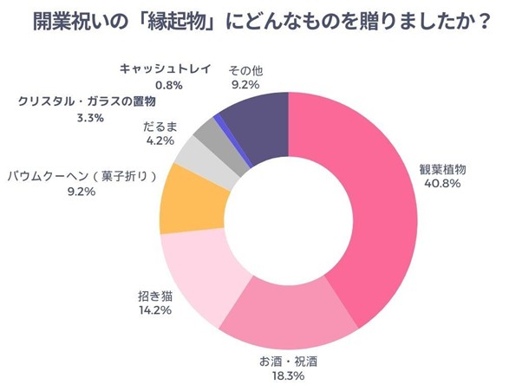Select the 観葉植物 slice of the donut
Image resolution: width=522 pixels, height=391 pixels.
coord(374,199)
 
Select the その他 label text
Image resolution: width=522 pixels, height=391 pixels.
coord(246,70)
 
